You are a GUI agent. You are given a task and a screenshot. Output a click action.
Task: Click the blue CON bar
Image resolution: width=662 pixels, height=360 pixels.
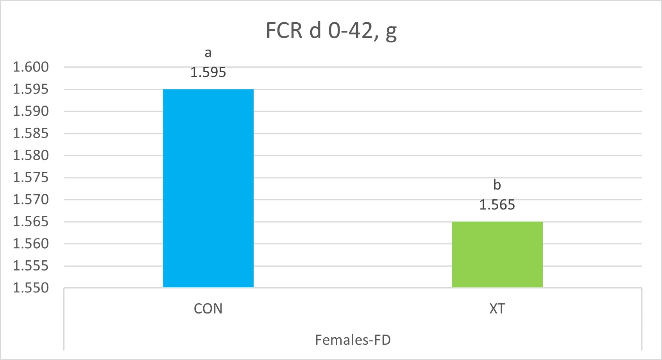[x=208, y=188]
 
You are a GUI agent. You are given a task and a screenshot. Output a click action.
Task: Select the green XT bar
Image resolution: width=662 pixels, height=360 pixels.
[x=497, y=254]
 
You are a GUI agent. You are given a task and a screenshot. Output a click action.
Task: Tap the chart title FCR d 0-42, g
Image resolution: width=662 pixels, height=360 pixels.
[x=331, y=30]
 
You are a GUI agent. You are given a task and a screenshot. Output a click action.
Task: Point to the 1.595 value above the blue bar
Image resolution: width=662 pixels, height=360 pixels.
[x=208, y=72]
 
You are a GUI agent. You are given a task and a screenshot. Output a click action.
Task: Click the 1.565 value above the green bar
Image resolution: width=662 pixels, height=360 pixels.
[x=497, y=205]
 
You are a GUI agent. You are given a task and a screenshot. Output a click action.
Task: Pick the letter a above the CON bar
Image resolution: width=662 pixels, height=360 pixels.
[x=208, y=53]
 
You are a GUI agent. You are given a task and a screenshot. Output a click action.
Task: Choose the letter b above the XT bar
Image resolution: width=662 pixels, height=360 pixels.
[x=497, y=184]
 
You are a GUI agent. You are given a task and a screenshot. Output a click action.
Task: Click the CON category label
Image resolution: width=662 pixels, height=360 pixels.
[x=208, y=309]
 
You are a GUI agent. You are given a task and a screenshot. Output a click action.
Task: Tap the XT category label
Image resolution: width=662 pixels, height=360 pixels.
[x=497, y=309]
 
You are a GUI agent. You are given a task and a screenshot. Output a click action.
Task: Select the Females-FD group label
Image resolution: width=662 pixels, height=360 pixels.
[x=353, y=340]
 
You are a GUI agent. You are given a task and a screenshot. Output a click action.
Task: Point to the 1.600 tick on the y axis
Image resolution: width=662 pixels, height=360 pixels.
[x=31, y=67]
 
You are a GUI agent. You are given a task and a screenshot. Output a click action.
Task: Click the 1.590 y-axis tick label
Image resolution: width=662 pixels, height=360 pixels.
[x=31, y=111]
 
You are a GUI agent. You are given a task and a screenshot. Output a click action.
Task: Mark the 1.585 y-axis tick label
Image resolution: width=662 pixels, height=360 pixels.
[x=31, y=133]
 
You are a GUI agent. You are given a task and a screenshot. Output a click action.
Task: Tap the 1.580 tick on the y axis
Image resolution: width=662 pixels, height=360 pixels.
[x=31, y=155]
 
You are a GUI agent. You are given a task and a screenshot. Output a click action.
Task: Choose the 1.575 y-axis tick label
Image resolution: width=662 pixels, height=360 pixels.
[x=31, y=177]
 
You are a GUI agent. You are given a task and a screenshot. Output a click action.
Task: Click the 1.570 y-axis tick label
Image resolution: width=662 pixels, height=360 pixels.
[x=31, y=199]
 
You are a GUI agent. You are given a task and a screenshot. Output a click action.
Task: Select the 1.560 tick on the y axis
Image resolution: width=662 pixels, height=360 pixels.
[x=31, y=244]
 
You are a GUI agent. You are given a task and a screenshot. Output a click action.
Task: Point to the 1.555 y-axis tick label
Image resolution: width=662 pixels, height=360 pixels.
[x=31, y=266]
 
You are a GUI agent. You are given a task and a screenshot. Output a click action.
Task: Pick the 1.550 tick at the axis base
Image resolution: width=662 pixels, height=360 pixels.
[x=31, y=288]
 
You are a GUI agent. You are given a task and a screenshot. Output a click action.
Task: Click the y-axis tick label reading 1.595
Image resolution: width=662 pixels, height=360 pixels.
[x=31, y=89]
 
